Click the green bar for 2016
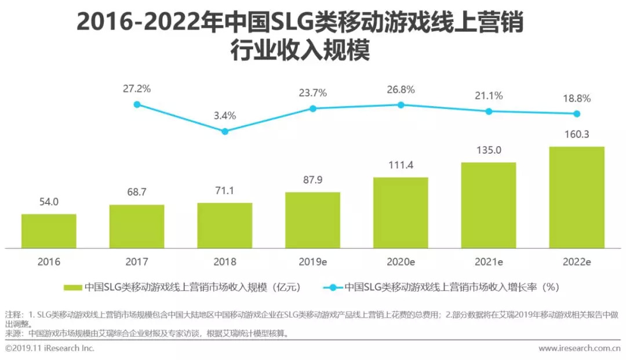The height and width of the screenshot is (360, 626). (x=49, y=231)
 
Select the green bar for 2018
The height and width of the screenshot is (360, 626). (x=224, y=226)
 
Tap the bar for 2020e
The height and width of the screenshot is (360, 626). (x=401, y=213)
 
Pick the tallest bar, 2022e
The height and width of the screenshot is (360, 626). (x=577, y=197)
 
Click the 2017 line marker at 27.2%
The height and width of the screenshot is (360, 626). (x=137, y=104)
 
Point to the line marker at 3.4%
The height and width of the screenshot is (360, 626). (x=225, y=132)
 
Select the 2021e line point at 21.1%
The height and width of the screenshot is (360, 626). (x=489, y=111)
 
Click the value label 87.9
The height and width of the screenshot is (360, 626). (x=312, y=180)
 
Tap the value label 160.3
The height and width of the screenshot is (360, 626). (x=577, y=134)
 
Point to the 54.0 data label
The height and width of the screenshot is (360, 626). (x=49, y=202)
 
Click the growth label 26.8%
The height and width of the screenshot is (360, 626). (x=401, y=90)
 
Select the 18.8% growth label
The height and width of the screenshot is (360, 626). (x=577, y=99)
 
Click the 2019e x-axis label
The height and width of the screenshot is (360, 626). (x=312, y=261)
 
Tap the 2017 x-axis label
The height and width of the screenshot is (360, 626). (x=137, y=261)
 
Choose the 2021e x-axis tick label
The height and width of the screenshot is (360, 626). (x=489, y=261)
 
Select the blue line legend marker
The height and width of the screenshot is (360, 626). (x=332, y=287)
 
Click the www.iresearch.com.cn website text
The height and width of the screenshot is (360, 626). (x=579, y=348)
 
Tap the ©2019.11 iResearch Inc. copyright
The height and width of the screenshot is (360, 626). (x=49, y=348)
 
